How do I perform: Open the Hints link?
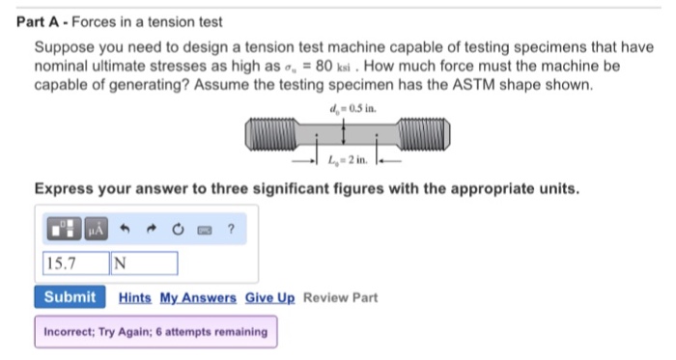(134, 297)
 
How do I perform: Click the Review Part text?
(341, 297)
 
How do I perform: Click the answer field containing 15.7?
(74, 263)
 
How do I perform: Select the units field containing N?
(144, 263)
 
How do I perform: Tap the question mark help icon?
(231, 230)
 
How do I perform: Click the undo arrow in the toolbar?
(127, 230)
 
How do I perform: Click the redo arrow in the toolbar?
(153, 230)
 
